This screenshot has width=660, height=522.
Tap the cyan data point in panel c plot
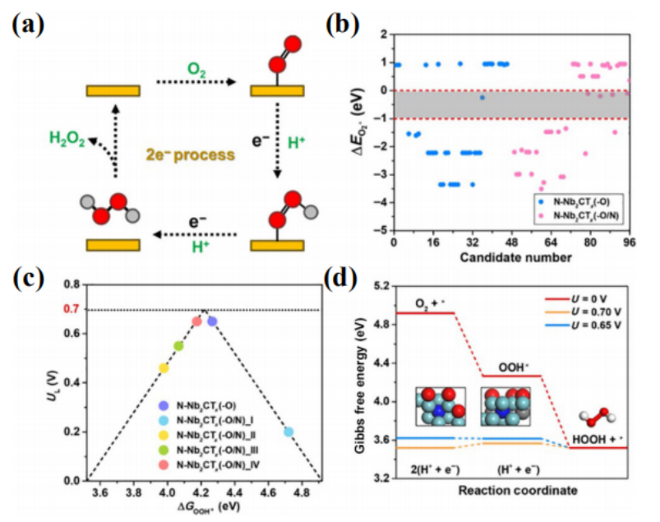288,432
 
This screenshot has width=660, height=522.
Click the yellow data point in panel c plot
164,368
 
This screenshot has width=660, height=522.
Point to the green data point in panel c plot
178,346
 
